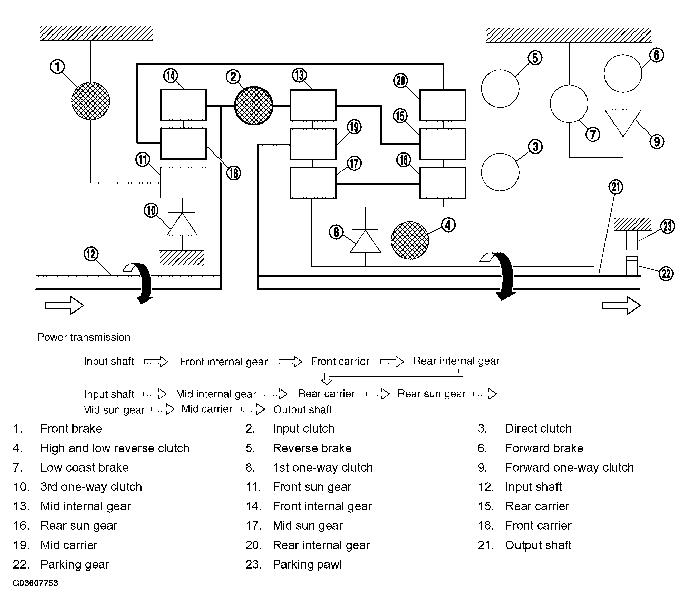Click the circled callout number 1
pyautogui.click(x=57, y=67)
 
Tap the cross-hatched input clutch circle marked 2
pyautogui.click(x=254, y=106)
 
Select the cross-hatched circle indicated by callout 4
pyautogui.click(x=410, y=240)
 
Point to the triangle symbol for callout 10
pyautogui.click(x=182, y=224)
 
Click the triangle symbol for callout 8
pyautogui.click(x=366, y=241)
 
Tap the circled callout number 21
pyautogui.click(x=616, y=187)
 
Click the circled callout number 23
pyautogui.click(x=668, y=227)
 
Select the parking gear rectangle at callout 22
pyautogui.click(x=632, y=266)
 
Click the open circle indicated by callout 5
pyautogui.click(x=500, y=88)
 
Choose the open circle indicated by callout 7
pyautogui.click(x=569, y=104)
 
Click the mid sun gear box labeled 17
pyautogui.click(x=313, y=183)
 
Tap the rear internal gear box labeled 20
pyautogui.click(x=443, y=105)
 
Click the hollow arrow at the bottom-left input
pyautogui.click(x=65, y=305)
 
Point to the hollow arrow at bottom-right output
pyautogui.click(x=621, y=305)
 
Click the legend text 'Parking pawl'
pyautogui.click(x=307, y=565)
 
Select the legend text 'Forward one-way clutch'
pyautogui.click(x=570, y=468)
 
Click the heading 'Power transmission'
pyautogui.click(x=84, y=337)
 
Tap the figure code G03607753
pyautogui.click(x=35, y=583)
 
